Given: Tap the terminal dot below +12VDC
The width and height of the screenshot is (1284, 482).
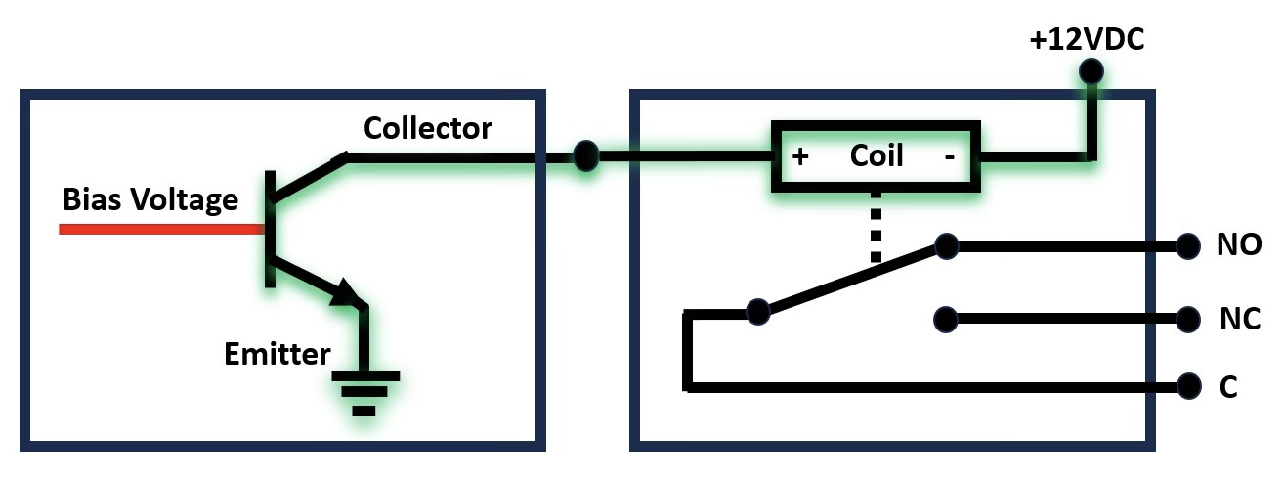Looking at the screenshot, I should pyautogui.click(x=1091, y=70).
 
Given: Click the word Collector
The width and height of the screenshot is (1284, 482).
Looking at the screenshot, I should pyautogui.click(x=428, y=128).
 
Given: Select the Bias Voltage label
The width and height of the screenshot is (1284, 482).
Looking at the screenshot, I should pyautogui.click(x=150, y=199).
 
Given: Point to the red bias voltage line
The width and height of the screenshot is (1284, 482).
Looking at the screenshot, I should pyautogui.click(x=161, y=229).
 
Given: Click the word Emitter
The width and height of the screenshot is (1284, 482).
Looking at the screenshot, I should pyautogui.click(x=278, y=353).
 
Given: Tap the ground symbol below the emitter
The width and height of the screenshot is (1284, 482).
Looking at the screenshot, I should pyautogui.click(x=364, y=391).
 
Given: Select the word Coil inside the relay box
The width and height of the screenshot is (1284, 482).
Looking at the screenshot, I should pyautogui.click(x=877, y=155).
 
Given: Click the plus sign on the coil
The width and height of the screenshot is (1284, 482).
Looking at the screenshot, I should pyautogui.click(x=800, y=157).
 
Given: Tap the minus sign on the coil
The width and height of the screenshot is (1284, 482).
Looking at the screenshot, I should pyautogui.click(x=949, y=157).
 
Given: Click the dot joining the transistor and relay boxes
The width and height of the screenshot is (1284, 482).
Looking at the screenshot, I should pyautogui.click(x=585, y=155).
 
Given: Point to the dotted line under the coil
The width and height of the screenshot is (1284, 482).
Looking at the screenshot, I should pyautogui.click(x=876, y=227).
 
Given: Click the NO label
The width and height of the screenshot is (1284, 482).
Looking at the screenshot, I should pyautogui.click(x=1238, y=245).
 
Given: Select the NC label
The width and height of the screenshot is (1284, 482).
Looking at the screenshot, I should pyautogui.click(x=1239, y=319).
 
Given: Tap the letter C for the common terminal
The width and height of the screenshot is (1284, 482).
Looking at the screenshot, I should pyautogui.click(x=1228, y=387).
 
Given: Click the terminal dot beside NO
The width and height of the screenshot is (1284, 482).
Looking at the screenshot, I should pyautogui.click(x=1188, y=245).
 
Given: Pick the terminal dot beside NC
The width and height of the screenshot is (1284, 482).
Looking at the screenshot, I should pyautogui.click(x=1188, y=319).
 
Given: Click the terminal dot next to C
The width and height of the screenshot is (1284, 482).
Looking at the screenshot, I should pyautogui.click(x=1188, y=385).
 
